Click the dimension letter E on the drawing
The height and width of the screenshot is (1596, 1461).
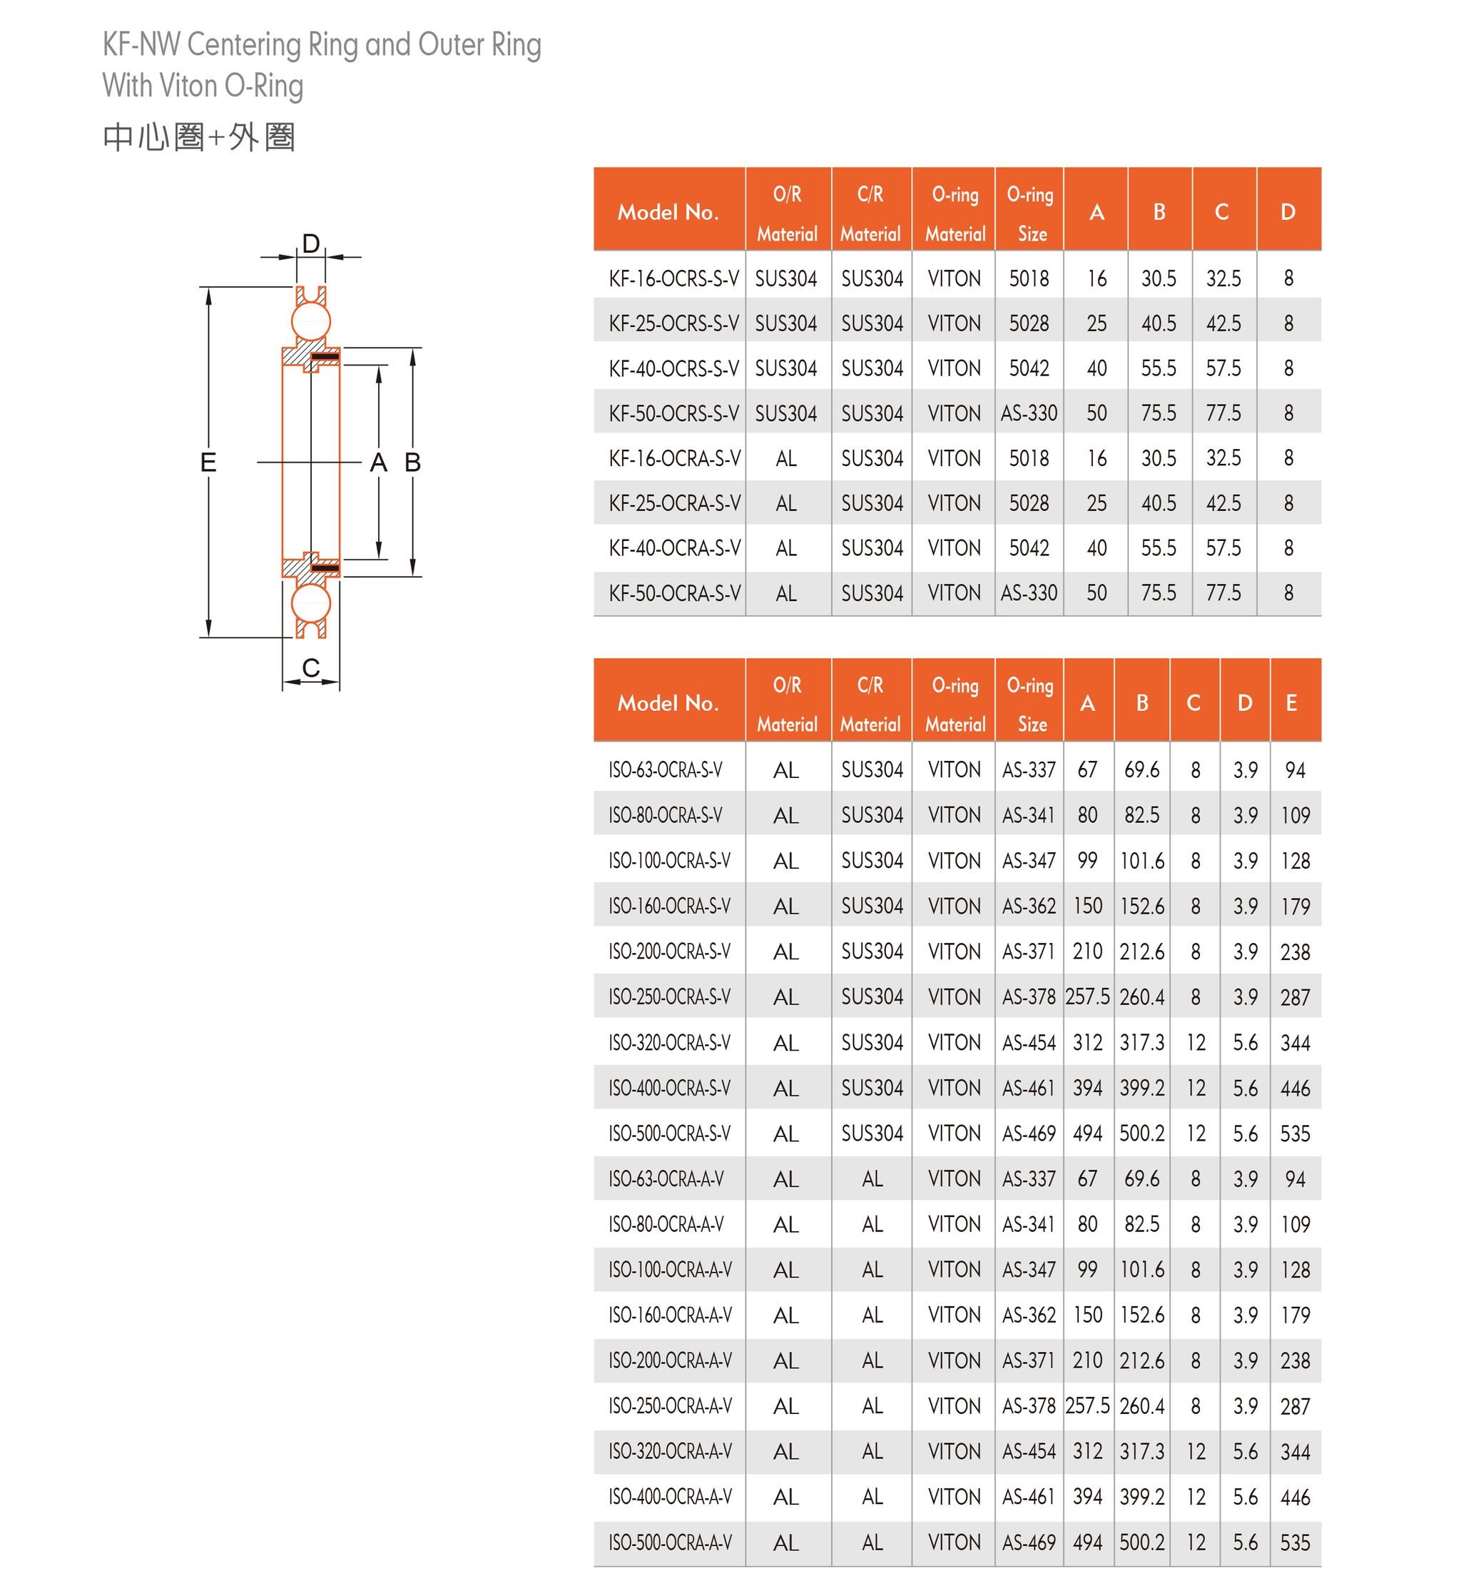coord(208,462)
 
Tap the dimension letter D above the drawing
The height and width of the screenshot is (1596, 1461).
coord(310,243)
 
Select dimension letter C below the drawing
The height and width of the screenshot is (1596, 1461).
coord(310,667)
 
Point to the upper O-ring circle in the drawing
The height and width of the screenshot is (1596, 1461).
coord(310,321)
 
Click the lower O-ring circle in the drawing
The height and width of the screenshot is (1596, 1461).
coord(310,603)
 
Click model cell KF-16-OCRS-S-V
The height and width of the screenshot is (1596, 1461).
coord(673,278)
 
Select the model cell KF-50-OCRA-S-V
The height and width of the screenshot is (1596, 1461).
coord(674,593)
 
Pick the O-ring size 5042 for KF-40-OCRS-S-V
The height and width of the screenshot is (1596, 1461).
coord(1028,368)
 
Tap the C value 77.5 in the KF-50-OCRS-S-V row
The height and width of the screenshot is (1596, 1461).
coord(1223,413)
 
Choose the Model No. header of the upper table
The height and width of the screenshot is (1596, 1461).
coord(668,212)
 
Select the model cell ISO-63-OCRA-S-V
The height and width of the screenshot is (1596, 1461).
coord(665,770)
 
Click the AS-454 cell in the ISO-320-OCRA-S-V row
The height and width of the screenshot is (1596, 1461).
coord(1028,1043)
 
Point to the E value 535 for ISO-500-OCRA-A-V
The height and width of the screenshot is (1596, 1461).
coord(1295,1542)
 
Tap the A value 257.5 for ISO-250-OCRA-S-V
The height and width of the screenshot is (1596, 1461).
coord(1086,996)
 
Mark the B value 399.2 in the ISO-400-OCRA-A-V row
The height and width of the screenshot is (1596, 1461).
coord(1141,1497)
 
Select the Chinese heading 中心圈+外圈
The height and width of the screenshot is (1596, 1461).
coord(198,137)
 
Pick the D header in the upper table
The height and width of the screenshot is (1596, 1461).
coord(1288,212)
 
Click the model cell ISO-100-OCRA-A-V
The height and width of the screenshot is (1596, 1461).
coord(670,1270)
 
